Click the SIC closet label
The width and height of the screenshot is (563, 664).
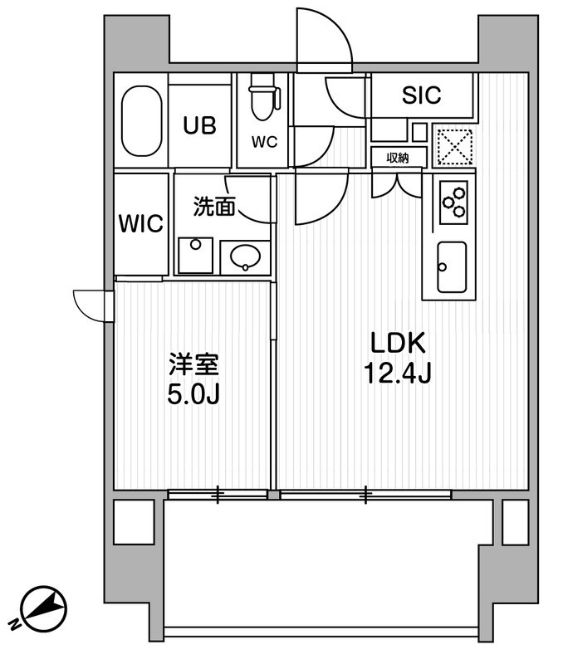pyautogui.click(x=421, y=95)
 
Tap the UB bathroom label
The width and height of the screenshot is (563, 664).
pyautogui.click(x=199, y=125)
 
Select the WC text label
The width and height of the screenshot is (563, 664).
pyautogui.click(x=264, y=141)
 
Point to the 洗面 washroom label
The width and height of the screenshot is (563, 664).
pyautogui.click(x=213, y=207)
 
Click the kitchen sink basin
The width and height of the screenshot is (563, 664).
pyautogui.click(x=452, y=266)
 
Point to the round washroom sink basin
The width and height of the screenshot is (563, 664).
pyautogui.click(x=245, y=257)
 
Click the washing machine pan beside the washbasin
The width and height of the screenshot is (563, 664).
pyautogui.click(x=194, y=256)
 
